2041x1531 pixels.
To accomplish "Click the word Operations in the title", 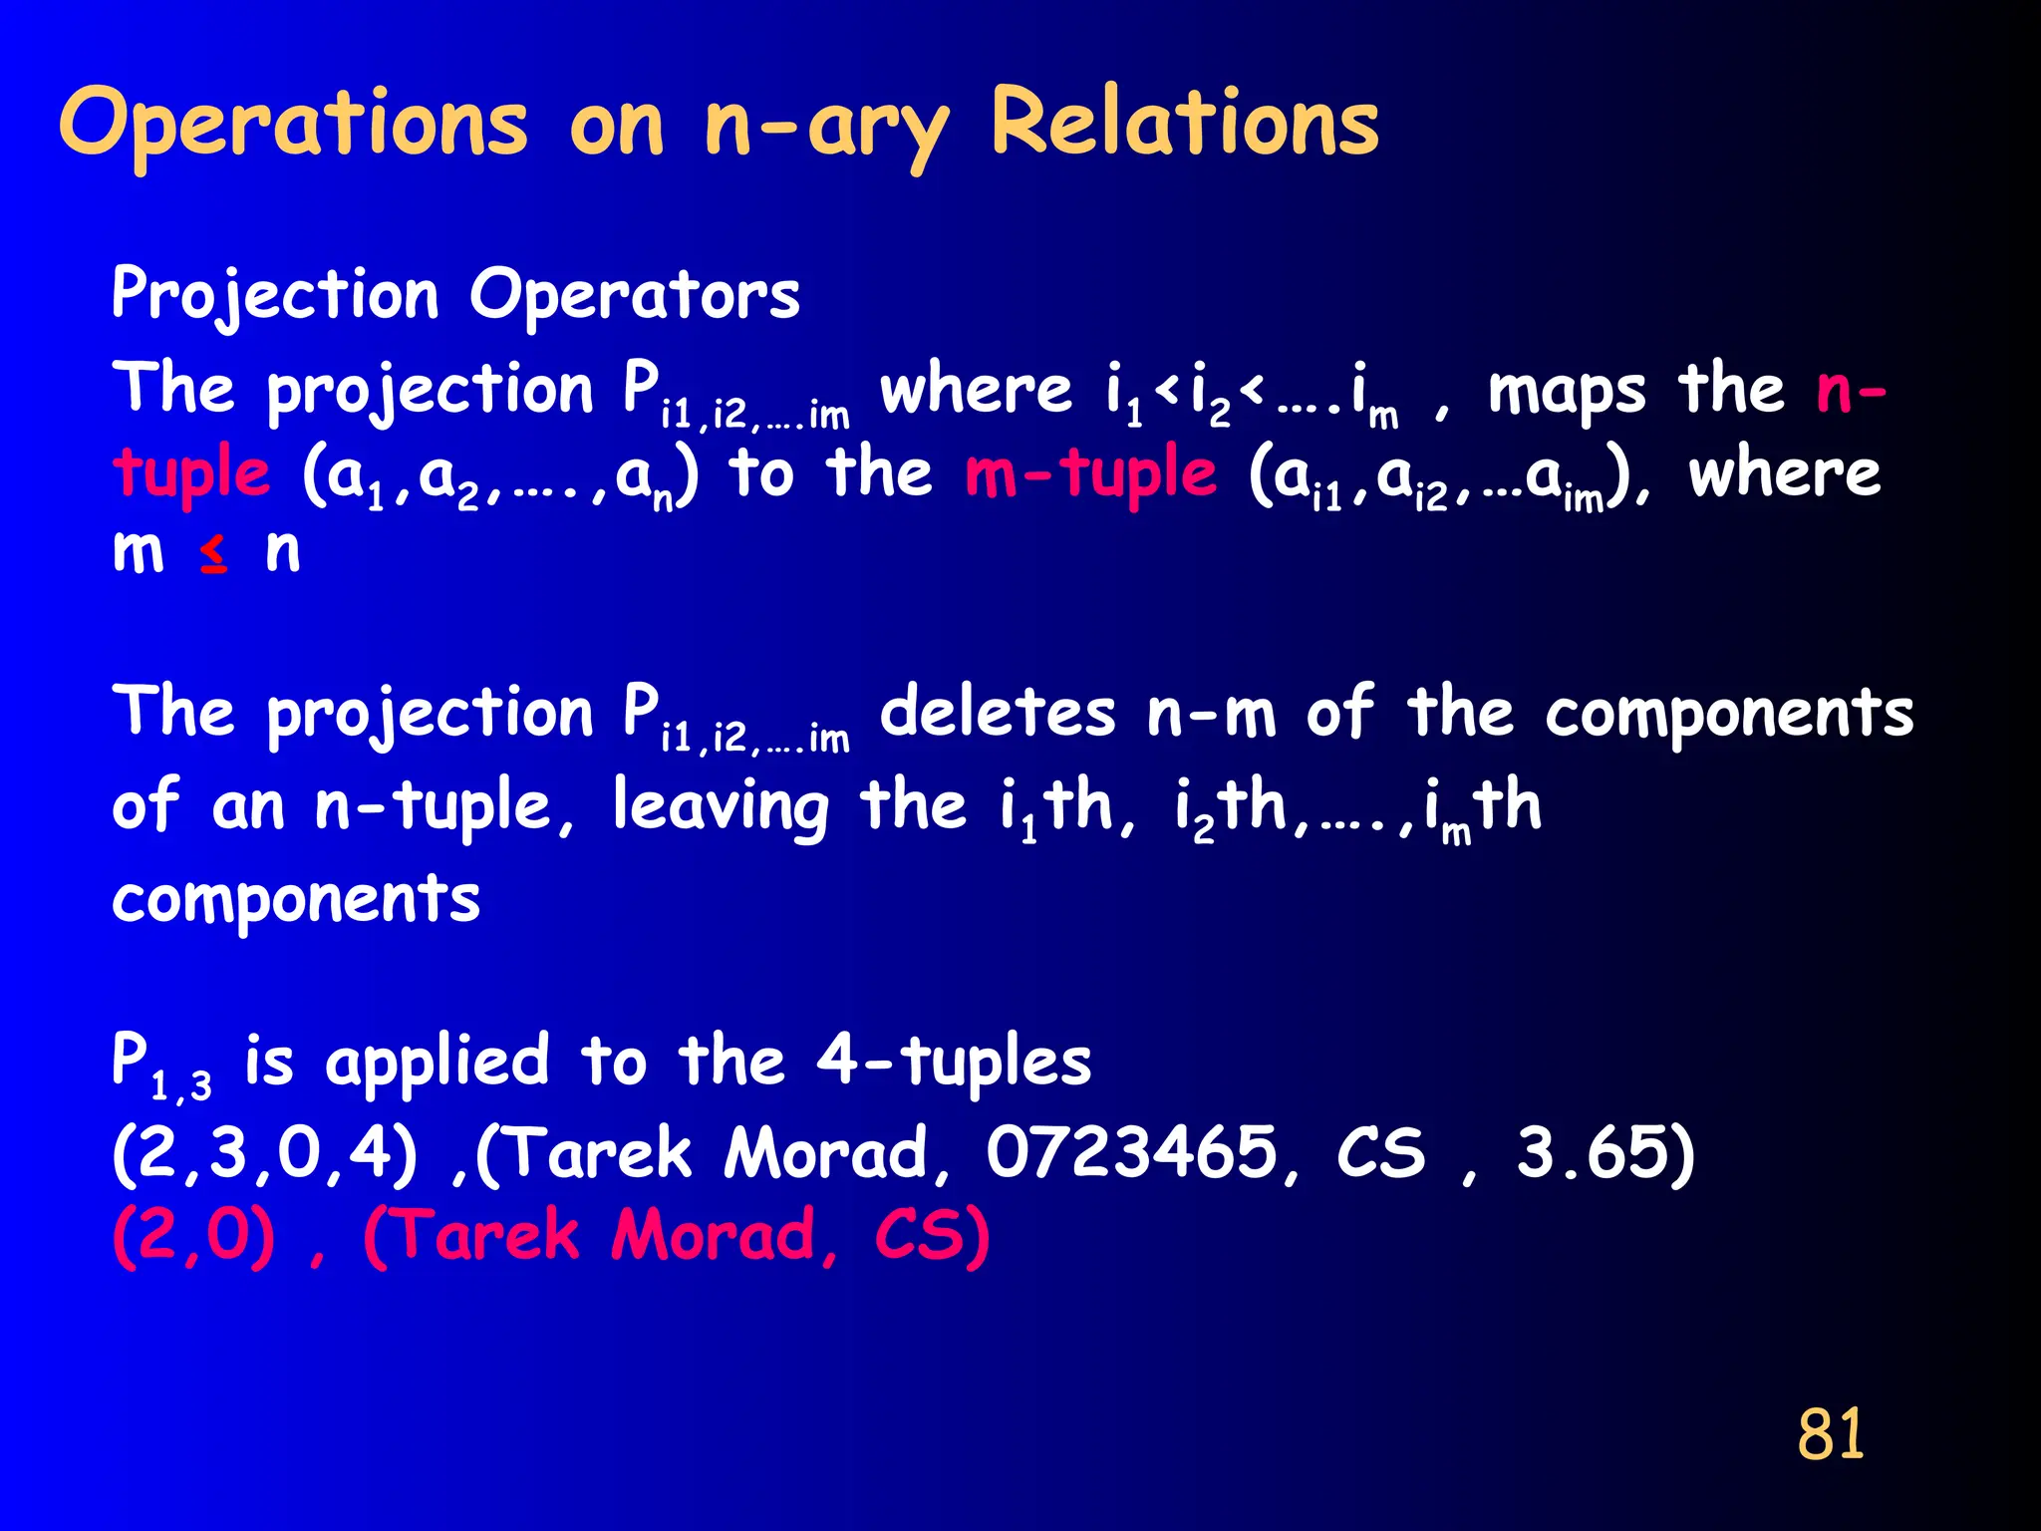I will pyautogui.click(x=293, y=124).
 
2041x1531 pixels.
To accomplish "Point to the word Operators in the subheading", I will pyautogui.click(x=635, y=295).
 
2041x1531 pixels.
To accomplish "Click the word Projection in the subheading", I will pyautogui.click(x=275, y=295).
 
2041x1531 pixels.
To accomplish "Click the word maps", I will pyautogui.click(x=1566, y=391).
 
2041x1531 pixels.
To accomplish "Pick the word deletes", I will pyautogui.click(x=997, y=714).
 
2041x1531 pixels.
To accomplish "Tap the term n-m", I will pyautogui.click(x=1211, y=714).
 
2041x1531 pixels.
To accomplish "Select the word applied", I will pyautogui.click(x=437, y=1061).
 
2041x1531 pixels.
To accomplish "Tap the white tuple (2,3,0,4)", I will pyautogui.click(x=264, y=1152).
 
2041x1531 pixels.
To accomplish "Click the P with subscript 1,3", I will pyautogui.click(x=159, y=1065).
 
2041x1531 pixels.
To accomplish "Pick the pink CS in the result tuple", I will pyautogui.click(x=930, y=1236).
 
